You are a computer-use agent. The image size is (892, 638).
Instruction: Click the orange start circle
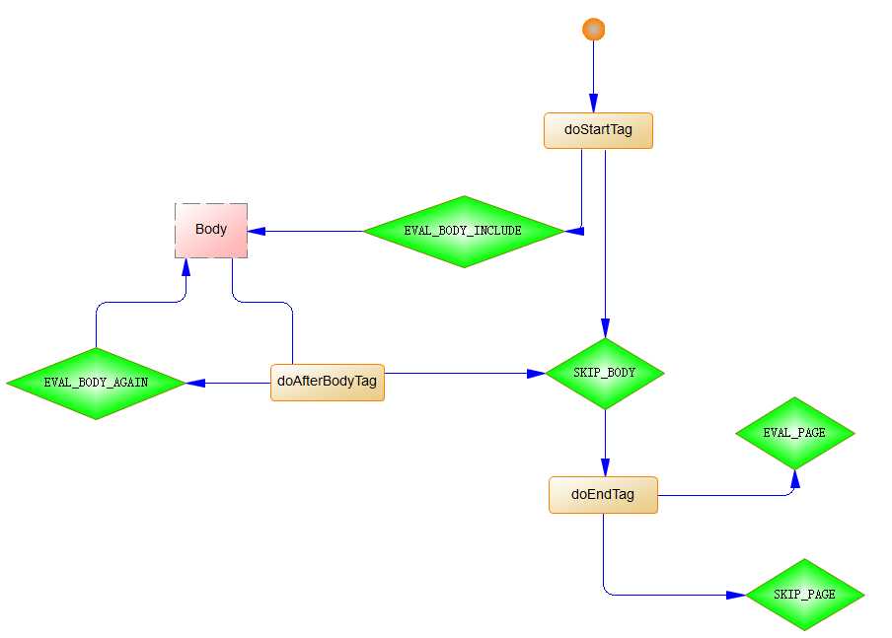[x=593, y=30]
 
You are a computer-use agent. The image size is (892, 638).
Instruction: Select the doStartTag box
[x=598, y=130]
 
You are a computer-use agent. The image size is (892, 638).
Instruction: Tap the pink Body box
[x=211, y=230]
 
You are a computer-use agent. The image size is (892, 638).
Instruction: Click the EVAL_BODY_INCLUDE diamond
[x=463, y=231]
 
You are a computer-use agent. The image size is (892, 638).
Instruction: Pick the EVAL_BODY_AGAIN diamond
[x=96, y=383]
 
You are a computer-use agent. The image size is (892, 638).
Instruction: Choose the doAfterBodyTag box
[x=327, y=382]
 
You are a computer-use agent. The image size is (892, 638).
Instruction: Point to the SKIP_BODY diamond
[x=604, y=374]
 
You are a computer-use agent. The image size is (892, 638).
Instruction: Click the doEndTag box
[x=603, y=495]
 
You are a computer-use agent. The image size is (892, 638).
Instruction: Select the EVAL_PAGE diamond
[x=794, y=433]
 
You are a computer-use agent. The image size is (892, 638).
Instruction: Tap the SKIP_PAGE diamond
[x=804, y=595]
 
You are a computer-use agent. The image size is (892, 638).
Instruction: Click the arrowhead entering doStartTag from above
[x=594, y=104]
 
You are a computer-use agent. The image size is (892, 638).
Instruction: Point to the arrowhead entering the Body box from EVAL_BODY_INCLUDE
[x=256, y=231]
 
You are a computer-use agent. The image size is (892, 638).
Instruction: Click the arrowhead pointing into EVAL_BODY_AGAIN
[x=193, y=383]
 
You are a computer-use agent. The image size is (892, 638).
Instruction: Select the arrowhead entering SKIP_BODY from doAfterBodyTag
[x=537, y=374]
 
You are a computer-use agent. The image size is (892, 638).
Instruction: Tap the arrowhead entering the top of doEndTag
[x=604, y=467]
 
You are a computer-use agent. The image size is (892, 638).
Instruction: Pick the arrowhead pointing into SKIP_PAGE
[x=736, y=595]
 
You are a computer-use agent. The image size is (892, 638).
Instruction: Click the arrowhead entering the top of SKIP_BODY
[x=604, y=329]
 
